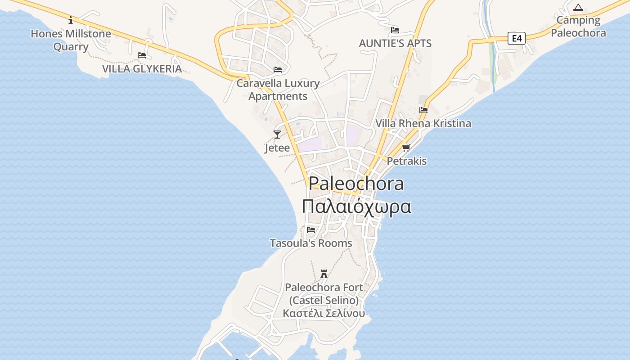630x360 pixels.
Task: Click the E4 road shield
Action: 517,38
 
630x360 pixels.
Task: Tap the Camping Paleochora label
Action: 578,27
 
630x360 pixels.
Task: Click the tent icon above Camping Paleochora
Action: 578,7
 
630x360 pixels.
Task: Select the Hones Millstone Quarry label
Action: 71,40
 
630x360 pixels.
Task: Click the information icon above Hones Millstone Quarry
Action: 71,20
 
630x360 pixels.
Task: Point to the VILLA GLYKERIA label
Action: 142,69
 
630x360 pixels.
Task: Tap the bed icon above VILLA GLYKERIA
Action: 142,55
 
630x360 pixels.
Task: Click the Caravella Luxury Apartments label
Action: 278,90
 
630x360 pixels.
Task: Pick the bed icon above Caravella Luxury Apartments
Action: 278,70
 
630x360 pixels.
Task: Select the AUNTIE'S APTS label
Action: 395,44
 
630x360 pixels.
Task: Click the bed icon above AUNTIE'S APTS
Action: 395,30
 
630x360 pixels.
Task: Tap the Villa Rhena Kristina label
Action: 423,123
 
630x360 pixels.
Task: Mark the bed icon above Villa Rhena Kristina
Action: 423,110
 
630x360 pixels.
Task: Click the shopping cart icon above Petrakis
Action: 406,148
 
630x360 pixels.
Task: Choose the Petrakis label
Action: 407,161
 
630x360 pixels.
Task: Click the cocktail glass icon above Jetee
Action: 277,134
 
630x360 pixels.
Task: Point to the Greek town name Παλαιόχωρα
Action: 356,207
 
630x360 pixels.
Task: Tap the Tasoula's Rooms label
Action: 311,243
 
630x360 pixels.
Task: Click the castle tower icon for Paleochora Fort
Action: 324,274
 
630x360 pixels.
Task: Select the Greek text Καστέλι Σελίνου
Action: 324,313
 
